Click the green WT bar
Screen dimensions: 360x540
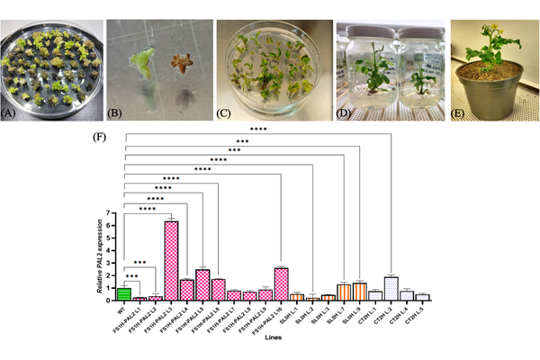(125, 292)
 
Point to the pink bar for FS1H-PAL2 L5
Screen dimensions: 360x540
(202, 284)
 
